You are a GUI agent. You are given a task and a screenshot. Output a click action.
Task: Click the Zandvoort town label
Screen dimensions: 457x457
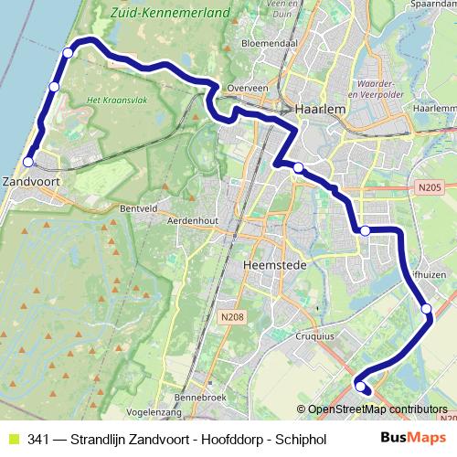[x=32, y=180]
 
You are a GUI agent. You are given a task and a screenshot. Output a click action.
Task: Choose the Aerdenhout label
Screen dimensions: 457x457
[x=194, y=220]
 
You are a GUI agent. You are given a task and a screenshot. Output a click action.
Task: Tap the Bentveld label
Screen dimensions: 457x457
[x=140, y=208]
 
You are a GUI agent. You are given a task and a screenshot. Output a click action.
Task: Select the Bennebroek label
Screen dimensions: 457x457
[x=197, y=399]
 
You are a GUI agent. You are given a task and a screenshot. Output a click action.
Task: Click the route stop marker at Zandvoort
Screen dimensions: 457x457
[x=27, y=162]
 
